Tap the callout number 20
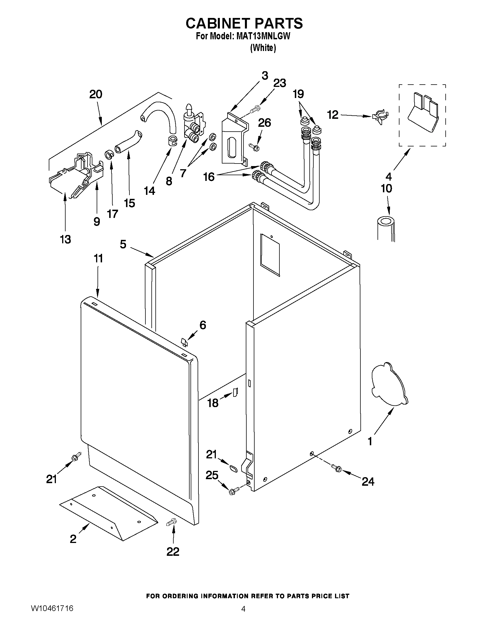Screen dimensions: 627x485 point(96,95)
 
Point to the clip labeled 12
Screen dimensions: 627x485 point(380,116)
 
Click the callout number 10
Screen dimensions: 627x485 point(386,189)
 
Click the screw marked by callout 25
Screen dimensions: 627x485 point(233,491)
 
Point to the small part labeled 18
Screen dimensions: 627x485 point(235,391)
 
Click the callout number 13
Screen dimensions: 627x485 point(66,239)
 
